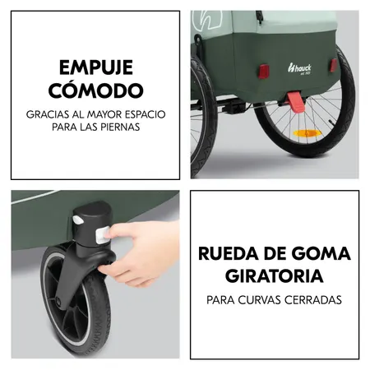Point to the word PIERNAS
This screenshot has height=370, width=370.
click(116, 128)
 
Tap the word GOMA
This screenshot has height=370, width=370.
click(321, 252)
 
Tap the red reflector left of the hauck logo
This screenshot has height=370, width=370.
click(263, 72)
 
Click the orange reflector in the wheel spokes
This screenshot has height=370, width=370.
click(307, 133)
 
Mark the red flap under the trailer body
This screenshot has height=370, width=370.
click(296, 101)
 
